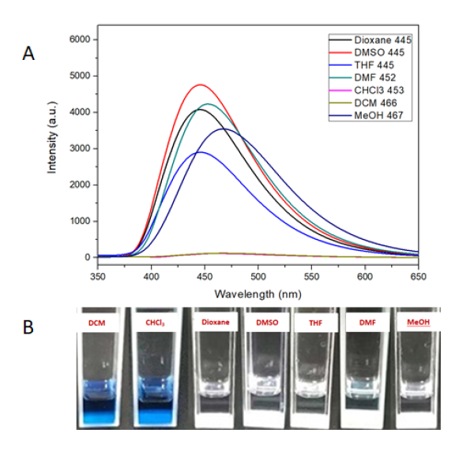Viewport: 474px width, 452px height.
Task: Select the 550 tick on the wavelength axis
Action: click(x=312, y=278)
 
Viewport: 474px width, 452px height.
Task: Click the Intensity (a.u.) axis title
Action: click(x=53, y=148)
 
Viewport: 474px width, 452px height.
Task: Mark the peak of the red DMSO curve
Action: click(x=201, y=84)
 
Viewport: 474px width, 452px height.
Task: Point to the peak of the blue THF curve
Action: click(x=201, y=151)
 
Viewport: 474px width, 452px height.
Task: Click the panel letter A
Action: click(x=29, y=53)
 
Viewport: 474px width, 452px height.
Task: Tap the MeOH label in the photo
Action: click(x=414, y=324)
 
